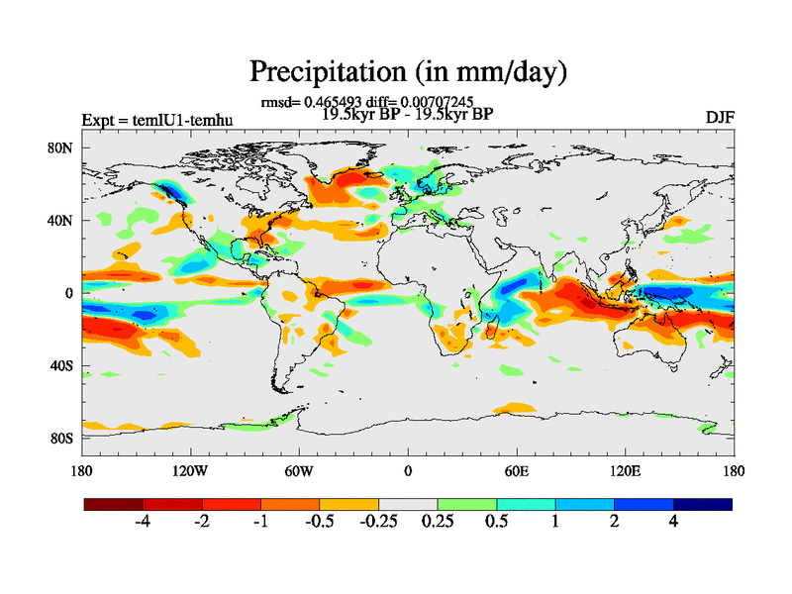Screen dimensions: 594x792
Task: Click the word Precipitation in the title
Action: click(319, 72)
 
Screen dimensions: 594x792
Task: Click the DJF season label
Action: click(719, 118)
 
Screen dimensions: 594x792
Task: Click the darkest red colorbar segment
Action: click(114, 504)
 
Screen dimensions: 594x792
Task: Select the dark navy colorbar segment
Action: click(703, 504)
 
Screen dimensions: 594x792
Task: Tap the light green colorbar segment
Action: click(466, 504)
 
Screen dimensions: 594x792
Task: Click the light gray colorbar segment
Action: click(408, 504)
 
